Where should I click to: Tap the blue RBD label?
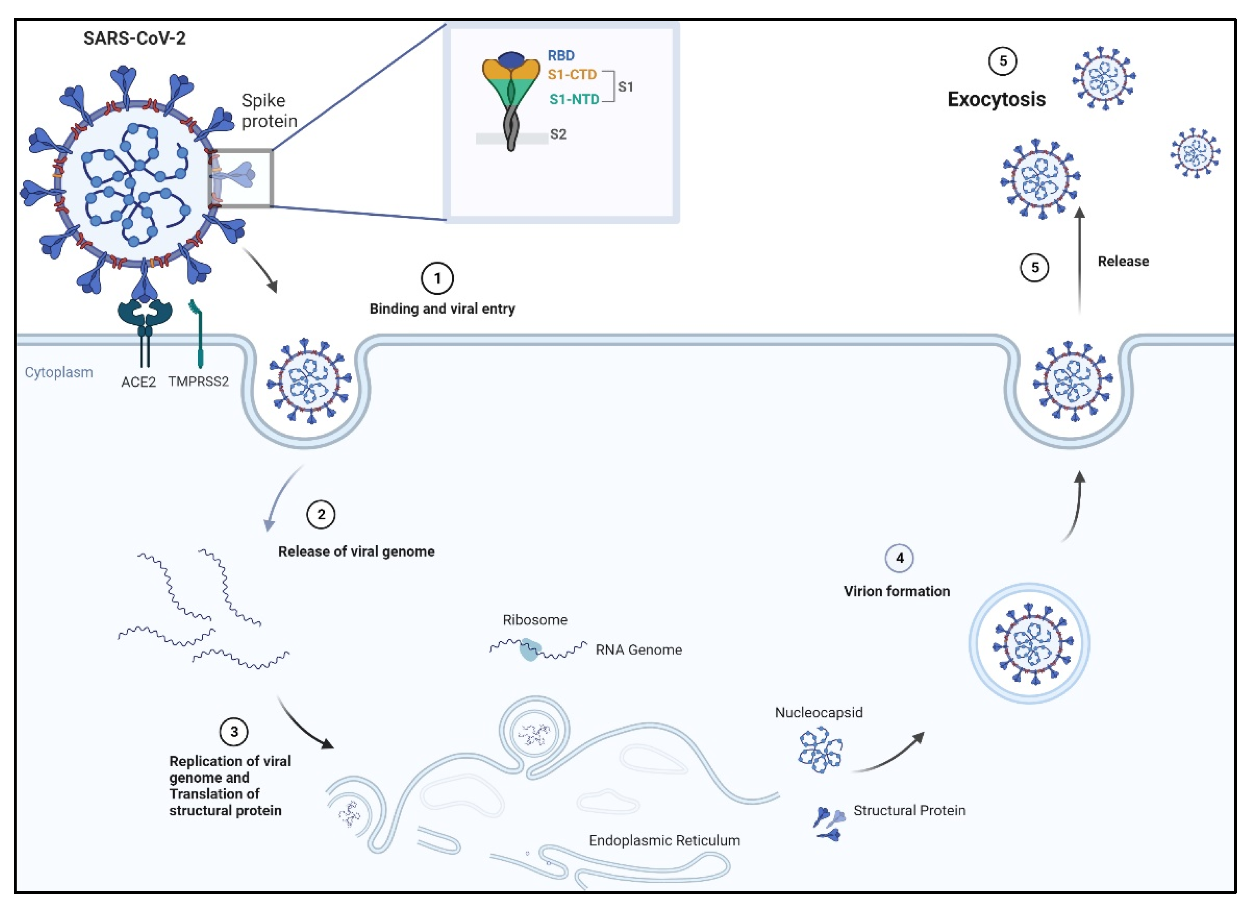click(x=560, y=56)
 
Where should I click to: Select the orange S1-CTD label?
click(x=571, y=75)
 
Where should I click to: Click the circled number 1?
click(x=437, y=279)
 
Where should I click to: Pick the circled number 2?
click(x=320, y=514)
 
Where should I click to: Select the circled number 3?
click(x=233, y=732)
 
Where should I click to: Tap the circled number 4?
click(x=899, y=558)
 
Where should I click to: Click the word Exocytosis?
click(x=996, y=100)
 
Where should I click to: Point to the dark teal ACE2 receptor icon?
click(x=145, y=316)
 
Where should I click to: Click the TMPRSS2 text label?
click(x=198, y=381)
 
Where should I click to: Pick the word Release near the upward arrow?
click(x=1122, y=262)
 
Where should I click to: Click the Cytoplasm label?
click(x=59, y=372)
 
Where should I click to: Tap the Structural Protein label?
click(x=909, y=810)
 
